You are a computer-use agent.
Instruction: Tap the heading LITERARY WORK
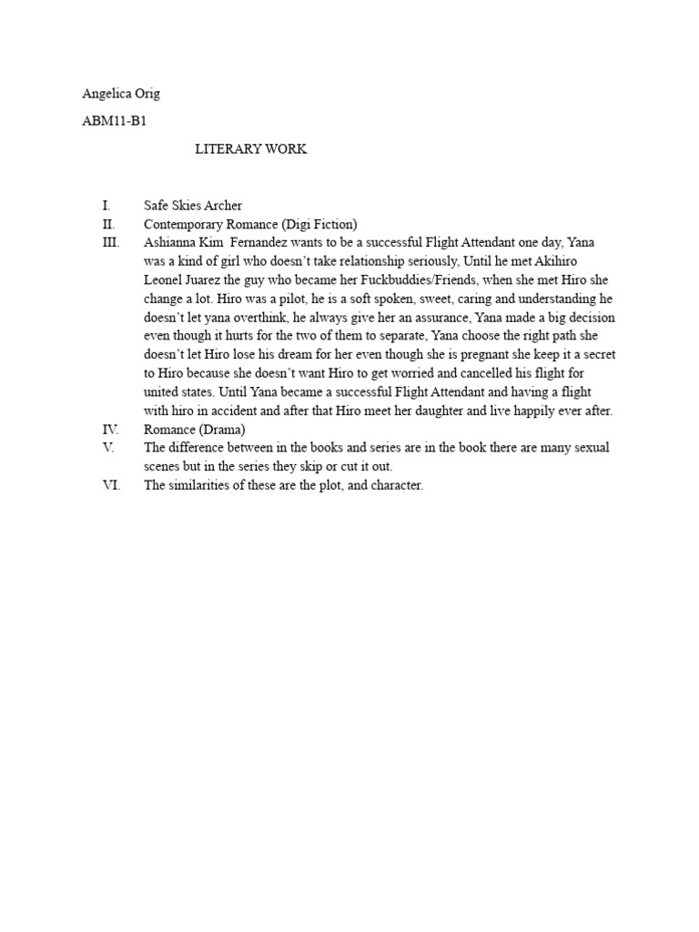[x=251, y=149]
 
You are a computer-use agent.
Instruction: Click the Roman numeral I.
[x=106, y=206]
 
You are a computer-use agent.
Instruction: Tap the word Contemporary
[x=185, y=224]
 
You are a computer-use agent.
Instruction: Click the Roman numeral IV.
[x=109, y=430]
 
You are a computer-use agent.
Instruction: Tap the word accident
[x=228, y=410]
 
